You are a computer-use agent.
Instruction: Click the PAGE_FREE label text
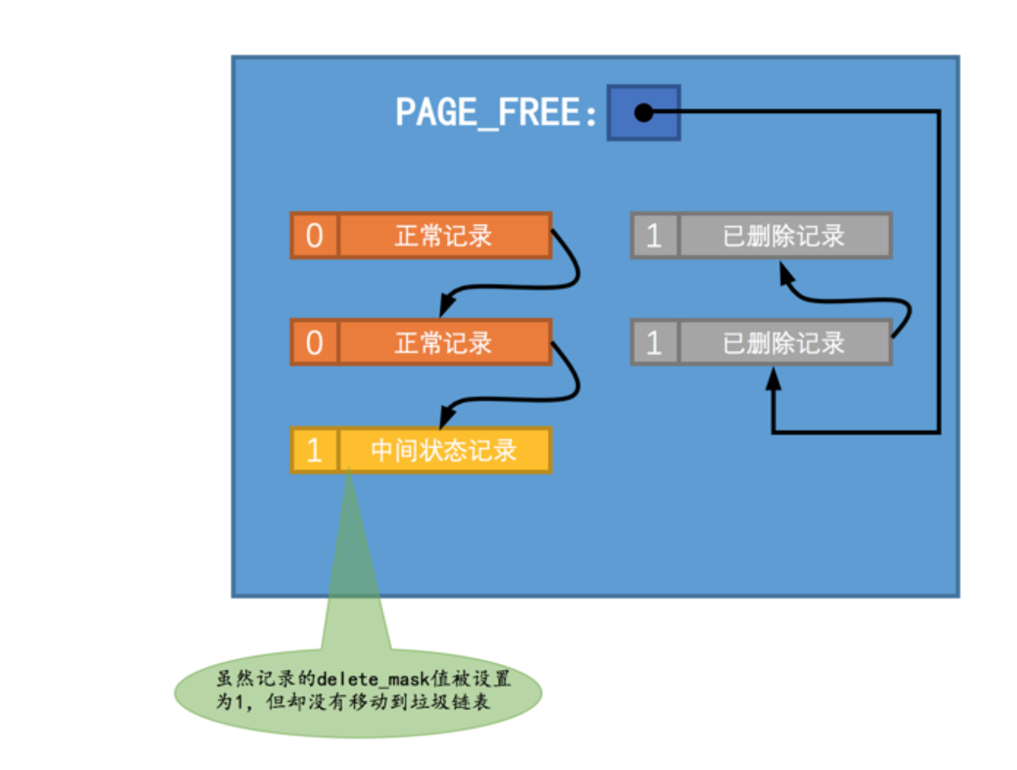pos(495,113)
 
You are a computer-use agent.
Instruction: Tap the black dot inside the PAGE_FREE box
pos(643,113)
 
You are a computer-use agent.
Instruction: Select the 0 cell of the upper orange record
pos(315,236)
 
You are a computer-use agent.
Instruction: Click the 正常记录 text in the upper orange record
pos(443,236)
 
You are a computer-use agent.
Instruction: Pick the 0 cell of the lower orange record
pos(315,343)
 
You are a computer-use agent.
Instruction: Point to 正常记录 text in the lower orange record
pos(443,343)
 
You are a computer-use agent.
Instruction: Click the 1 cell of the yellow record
pos(315,450)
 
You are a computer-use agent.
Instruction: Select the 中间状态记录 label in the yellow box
pos(443,450)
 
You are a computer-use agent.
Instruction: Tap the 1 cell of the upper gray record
pos(654,236)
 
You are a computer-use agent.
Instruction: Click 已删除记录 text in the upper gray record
pos(783,236)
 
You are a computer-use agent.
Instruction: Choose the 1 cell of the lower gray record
pos(654,343)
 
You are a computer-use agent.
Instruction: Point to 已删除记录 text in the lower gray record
pos(783,343)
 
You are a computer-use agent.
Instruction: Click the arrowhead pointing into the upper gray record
pos(786,274)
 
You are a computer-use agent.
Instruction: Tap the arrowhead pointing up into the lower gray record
pos(774,379)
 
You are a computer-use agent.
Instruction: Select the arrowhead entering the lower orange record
pos(447,304)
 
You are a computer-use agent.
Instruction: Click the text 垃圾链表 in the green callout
pos(454,702)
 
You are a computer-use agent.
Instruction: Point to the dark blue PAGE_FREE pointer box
pos(644,113)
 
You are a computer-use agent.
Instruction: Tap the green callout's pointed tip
pos(349,475)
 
